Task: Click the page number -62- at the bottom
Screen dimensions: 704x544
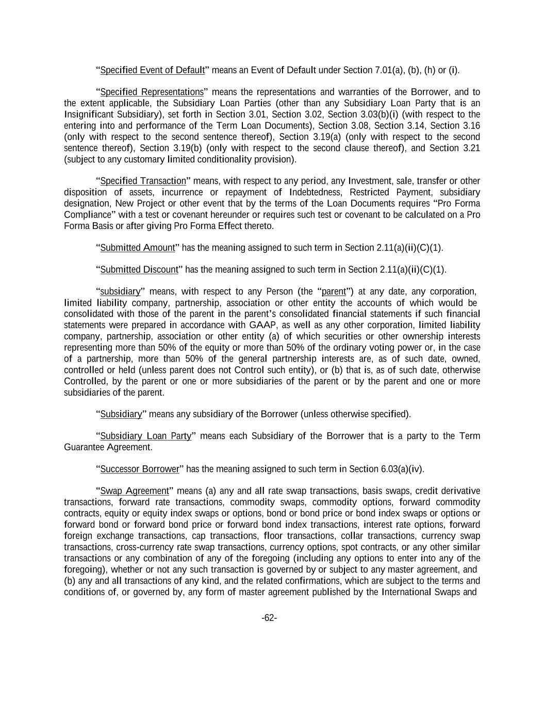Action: pyautogui.click(x=269, y=618)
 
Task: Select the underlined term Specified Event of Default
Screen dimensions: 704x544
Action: pyautogui.click(x=152, y=70)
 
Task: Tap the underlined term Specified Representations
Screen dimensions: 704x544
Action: pyautogui.click(x=152, y=92)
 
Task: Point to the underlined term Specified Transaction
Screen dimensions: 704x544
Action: pyautogui.click(x=143, y=181)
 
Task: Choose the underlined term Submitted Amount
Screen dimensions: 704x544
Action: pyautogui.click(x=138, y=248)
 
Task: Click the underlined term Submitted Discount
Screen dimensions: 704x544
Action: pyautogui.click(x=139, y=270)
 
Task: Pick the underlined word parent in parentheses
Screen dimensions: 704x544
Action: pyautogui.click(x=334, y=292)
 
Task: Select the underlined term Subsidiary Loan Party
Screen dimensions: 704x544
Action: pyautogui.click(x=145, y=436)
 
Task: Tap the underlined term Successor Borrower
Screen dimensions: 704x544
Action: pyautogui.click(x=139, y=469)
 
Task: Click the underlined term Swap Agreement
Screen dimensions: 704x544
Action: pyautogui.click(x=134, y=491)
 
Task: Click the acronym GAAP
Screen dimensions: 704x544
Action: pyautogui.click(x=262, y=325)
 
